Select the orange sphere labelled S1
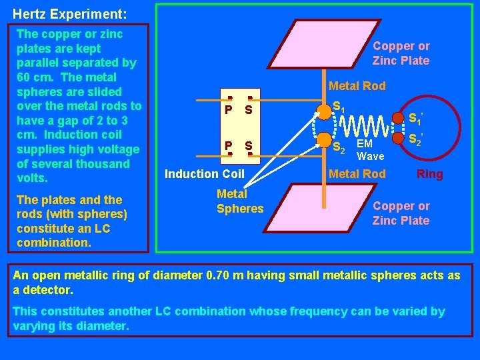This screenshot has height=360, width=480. [x=324, y=110]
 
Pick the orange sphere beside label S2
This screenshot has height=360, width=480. [x=324, y=139]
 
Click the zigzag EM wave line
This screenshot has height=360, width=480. [x=365, y=125]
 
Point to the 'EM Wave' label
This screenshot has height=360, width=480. [x=370, y=150]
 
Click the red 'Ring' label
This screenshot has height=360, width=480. [x=429, y=175]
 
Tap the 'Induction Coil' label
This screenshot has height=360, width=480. [x=205, y=175]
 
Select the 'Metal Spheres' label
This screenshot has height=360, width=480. [x=239, y=201]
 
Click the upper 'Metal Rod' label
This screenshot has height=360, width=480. [x=357, y=86]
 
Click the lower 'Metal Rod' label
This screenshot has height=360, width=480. [x=357, y=175]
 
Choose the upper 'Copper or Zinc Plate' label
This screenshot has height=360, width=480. [x=401, y=53]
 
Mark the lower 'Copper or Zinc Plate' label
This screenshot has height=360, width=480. [x=401, y=213]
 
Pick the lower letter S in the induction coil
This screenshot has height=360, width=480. [x=248, y=145]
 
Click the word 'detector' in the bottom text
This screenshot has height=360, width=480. [x=48, y=291]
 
